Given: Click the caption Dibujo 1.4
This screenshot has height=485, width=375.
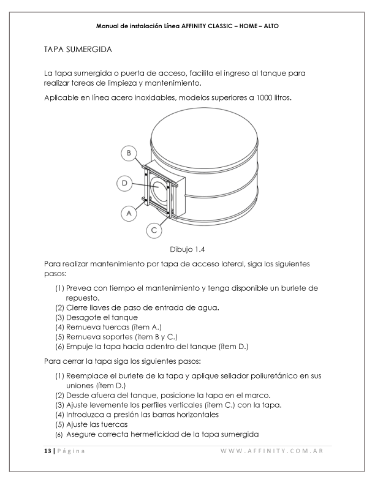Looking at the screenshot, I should point(187,249).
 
